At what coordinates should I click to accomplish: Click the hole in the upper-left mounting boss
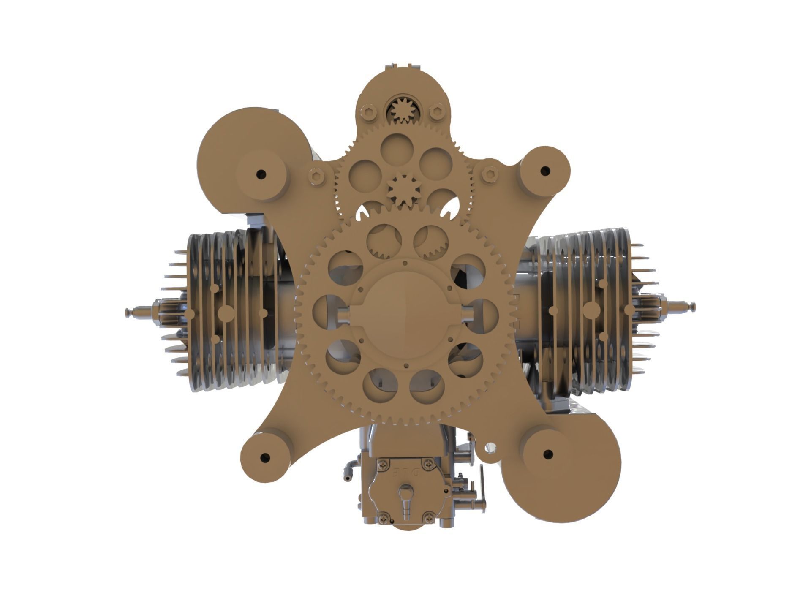pos(261,173)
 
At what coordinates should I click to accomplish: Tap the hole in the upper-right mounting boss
pos(545,171)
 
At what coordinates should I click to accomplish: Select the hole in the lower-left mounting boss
pos(265,457)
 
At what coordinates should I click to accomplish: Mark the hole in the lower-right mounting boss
pos(547,454)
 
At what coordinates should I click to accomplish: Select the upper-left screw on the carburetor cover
pos(383,465)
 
